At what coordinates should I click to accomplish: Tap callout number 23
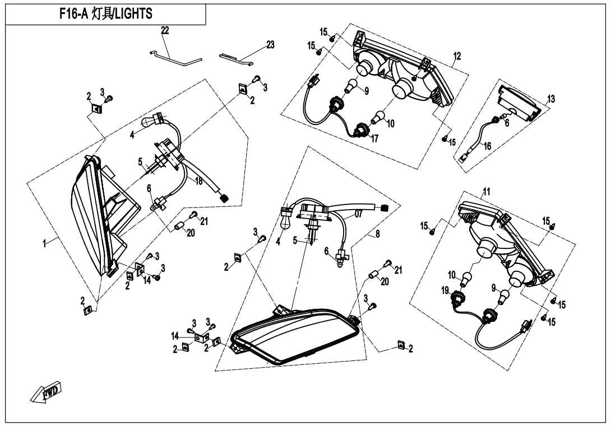point(270,45)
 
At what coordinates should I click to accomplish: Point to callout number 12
point(457,56)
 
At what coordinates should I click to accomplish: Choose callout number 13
point(552,99)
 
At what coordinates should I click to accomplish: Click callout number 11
point(487,192)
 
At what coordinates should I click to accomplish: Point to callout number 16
point(488,146)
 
